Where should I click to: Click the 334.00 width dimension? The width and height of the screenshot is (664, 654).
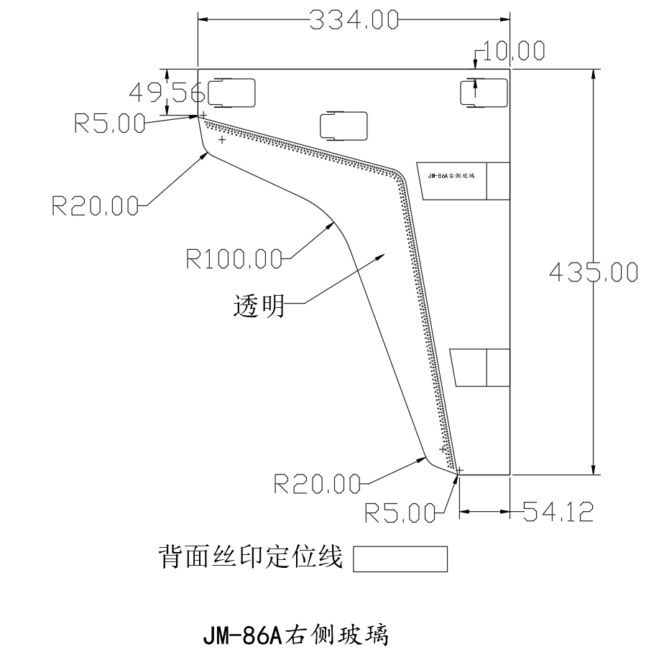click(354, 19)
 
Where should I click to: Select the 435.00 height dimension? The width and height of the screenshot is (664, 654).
click(593, 272)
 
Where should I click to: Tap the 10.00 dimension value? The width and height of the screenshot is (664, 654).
click(513, 51)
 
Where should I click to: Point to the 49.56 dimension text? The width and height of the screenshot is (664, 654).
click(167, 92)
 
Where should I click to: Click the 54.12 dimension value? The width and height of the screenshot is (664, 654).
click(558, 511)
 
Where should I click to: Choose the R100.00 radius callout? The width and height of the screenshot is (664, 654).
click(234, 257)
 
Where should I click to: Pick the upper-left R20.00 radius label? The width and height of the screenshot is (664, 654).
click(95, 206)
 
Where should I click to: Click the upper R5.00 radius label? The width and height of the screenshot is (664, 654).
click(109, 123)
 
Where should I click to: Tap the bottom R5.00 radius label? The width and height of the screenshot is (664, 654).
click(400, 513)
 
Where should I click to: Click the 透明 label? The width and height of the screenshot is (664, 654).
click(259, 307)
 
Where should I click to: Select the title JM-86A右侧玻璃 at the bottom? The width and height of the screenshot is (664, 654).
click(295, 634)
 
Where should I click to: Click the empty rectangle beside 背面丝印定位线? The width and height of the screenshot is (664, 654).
click(400, 559)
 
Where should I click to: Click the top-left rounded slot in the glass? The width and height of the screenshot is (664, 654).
click(231, 91)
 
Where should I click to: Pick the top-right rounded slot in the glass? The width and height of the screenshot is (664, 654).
click(484, 92)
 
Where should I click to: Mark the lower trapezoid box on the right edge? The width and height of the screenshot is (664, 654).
click(480, 368)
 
